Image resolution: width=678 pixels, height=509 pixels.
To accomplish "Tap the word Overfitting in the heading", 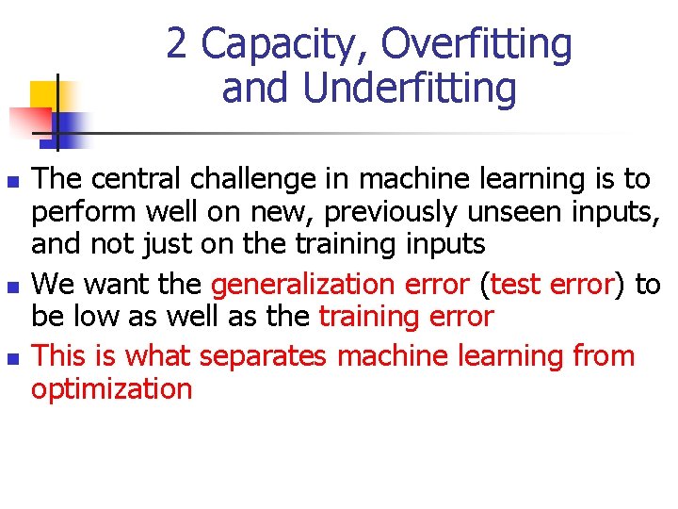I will [476, 44].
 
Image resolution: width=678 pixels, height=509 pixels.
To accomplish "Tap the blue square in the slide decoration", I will [72, 123].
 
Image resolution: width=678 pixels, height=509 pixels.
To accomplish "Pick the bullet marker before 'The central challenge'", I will [11, 179].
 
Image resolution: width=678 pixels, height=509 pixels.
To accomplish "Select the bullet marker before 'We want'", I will [11, 285].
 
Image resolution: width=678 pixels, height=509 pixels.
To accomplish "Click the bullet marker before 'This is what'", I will [11, 357].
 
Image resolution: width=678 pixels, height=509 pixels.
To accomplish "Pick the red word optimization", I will [112, 389].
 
